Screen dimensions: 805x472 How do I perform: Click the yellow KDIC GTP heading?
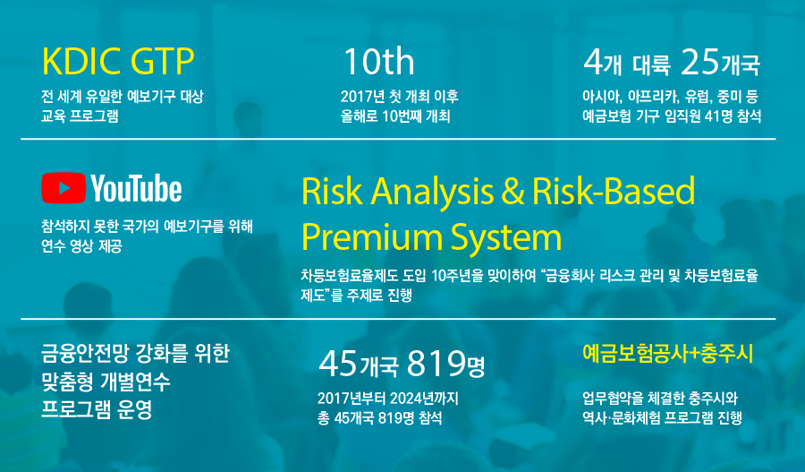click(117, 61)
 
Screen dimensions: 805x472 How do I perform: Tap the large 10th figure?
click(378, 62)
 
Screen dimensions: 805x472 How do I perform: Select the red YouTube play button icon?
click(64, 188)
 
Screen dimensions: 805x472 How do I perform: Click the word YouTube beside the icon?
click(137, 188)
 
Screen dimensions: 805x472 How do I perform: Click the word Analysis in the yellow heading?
click(433, 192)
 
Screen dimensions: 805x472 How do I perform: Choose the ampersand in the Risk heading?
click(513, 191)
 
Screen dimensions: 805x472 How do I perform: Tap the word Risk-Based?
click(614, 191)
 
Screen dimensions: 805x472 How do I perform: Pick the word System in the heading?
click(506, 238)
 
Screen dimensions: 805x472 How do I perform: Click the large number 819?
click(436, 364)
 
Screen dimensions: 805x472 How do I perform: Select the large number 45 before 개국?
click(338, 364)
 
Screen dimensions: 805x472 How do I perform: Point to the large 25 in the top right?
click(700, 62)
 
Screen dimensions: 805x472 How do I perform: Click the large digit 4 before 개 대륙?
click(592, 62)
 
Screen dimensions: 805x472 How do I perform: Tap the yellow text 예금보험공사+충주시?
click(668, 353)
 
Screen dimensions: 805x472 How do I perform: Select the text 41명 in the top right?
click(718, 116)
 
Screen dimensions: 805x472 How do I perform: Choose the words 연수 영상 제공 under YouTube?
click(81, 245)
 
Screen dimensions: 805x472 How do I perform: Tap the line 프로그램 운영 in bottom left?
click(97, 409)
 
